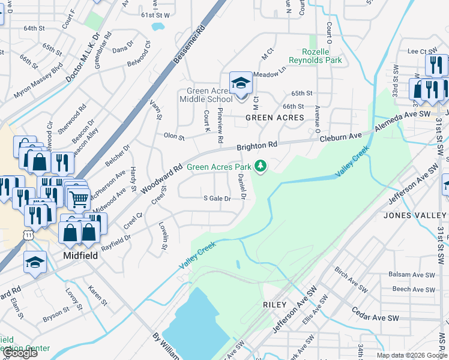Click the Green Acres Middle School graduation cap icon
pyautogui.click(x=241, y=83)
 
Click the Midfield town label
pyautogui.click(x=80, y=255)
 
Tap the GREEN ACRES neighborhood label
pyautogui.click(x=276, y=118)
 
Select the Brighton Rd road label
pyautogui.click(x=257, y=146)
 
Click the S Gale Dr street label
pyautogui.click(x=217, y=199)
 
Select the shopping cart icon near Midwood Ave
pyautogui.click(x=79, y=199)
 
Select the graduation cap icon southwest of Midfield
pyautogui.click(x=35, y=262)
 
